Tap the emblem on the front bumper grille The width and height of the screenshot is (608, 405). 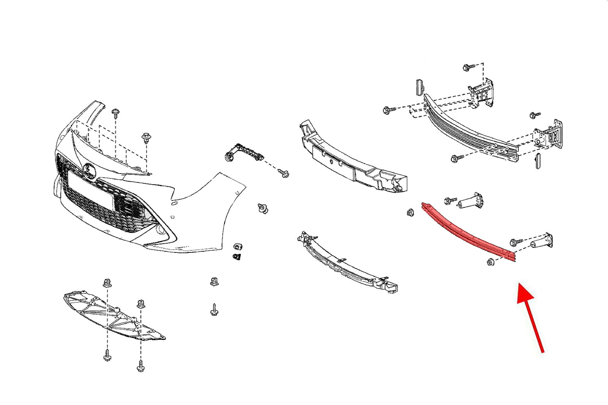[x=90, y=169]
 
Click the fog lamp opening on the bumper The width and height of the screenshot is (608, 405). [x=162, y=230]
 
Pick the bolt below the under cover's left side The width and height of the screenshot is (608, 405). [x=107, y=356]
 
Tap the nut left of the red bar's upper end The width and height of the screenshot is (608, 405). [x=410, y=213]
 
